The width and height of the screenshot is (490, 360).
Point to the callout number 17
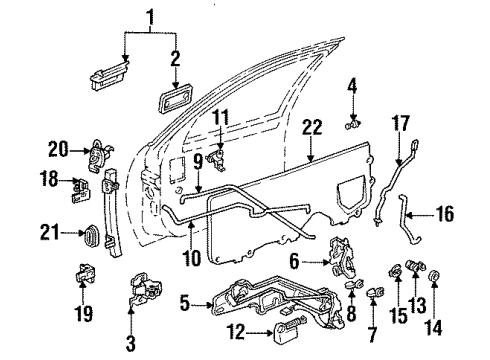point(404,124)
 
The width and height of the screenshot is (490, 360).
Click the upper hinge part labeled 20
point(98,153)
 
